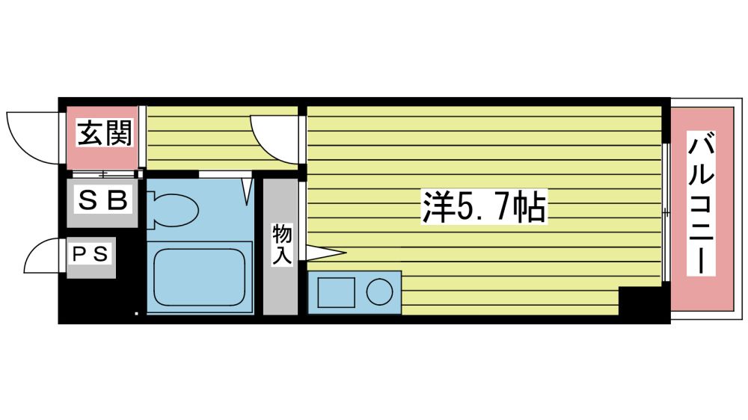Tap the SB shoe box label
[x=102, y=200]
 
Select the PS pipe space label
[x=91, y=253]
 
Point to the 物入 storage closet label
[x=282, y=245]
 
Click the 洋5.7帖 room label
[x=484, y=206]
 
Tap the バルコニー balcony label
[x=701, y=204]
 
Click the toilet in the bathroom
[x=173, y=210]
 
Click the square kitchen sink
[x=337, y=292]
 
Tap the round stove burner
[x=380, y=291]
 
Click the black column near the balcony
[x=641, y=301]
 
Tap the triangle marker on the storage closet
[x=325, y=253]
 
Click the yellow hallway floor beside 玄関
[x=222, y=138]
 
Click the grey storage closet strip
[x=280, y=247]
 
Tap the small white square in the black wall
[x=136, y=314]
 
